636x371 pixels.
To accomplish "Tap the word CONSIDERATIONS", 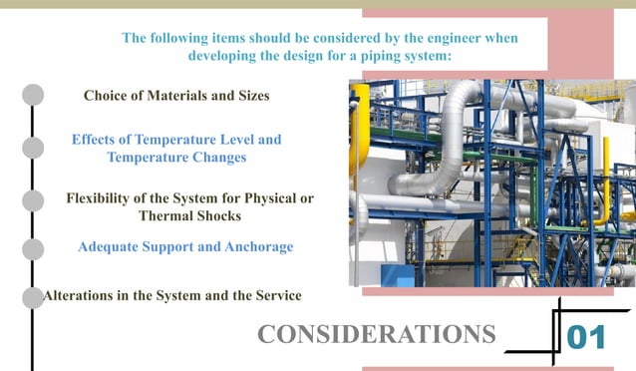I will click(376, 334).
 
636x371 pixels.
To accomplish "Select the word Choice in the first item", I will click(107, 96).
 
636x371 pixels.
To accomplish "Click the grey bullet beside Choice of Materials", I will click(33, 95).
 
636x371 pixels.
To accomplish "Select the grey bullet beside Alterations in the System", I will click(33, 296).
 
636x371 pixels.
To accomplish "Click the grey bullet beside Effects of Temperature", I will click(33, 148).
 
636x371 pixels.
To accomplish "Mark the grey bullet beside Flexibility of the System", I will click(33, 199).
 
